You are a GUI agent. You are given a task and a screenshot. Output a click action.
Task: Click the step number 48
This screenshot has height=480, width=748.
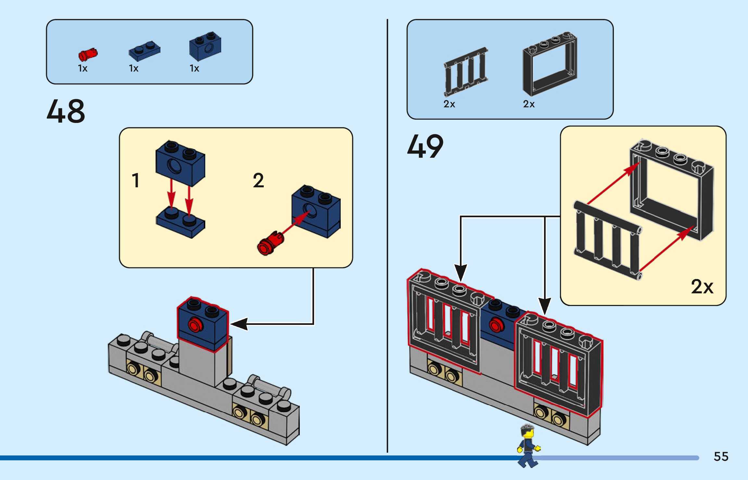66,111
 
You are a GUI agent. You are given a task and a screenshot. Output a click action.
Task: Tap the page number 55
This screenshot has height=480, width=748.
721,457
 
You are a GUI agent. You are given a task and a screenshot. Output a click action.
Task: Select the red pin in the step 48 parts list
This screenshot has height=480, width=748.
88,54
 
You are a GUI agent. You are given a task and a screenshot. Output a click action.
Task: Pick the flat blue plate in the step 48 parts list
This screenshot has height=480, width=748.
145,51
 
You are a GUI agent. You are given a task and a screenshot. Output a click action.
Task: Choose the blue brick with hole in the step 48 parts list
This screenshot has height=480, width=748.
205,46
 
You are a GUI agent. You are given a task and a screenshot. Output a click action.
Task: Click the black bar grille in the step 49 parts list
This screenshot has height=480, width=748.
465,72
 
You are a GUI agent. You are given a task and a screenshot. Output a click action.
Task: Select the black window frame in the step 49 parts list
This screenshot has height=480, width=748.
550,65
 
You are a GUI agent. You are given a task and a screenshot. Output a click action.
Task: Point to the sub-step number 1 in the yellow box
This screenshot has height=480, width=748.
136,180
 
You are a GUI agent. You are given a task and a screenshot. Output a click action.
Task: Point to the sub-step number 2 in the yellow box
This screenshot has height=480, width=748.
258,180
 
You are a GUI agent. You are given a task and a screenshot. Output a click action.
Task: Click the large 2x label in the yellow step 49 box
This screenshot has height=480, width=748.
702,287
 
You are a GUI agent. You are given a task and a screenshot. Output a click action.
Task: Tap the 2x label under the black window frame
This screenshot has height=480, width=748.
528,104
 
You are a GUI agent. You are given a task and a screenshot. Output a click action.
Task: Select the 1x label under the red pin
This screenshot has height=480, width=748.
82,68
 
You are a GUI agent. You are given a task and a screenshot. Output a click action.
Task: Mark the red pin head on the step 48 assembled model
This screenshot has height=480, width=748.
195,325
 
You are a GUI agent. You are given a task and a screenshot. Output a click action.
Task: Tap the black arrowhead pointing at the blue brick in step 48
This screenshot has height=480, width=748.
239,324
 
